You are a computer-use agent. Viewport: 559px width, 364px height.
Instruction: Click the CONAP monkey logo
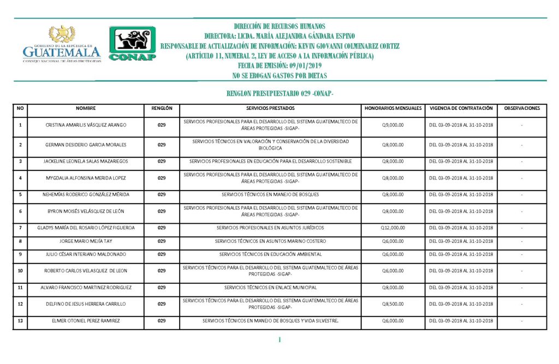(133, 43)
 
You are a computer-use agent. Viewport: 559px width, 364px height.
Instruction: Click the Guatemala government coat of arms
(62, 34)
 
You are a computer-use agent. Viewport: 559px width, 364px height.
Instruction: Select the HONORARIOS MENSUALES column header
(393, 108)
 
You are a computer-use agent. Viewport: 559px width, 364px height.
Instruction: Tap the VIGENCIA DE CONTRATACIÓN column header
(461, 108)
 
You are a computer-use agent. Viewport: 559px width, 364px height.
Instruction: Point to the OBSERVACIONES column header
(522, 108)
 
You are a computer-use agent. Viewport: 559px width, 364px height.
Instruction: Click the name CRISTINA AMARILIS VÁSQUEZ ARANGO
(86, 125)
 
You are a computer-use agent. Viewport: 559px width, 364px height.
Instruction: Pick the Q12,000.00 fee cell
(393, 228)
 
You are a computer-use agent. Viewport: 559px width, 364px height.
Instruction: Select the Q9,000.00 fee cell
(393, 125)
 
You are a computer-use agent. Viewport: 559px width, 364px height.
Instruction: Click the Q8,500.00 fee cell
(393, 304)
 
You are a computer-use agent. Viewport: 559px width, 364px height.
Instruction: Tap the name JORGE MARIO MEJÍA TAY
(86, 241)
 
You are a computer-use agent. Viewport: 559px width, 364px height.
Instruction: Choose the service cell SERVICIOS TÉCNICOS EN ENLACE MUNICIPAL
(270, 287)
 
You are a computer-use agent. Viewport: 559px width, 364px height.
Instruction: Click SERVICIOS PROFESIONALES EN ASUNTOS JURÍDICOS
(270, 228)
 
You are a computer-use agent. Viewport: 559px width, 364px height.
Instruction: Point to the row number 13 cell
(20, 321)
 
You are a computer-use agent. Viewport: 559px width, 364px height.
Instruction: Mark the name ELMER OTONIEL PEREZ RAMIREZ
(86, 321)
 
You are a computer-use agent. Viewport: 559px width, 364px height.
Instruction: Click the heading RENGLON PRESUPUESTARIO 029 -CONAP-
(279, 94)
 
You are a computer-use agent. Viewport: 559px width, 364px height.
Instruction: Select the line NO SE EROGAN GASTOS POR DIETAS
(279, 75)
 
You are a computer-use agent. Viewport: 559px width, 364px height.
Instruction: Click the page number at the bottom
(279, 341)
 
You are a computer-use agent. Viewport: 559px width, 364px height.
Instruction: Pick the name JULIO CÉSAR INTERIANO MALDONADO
(86, 254)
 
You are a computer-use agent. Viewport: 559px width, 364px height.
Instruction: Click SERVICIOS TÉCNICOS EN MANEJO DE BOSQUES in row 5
(270, 194)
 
